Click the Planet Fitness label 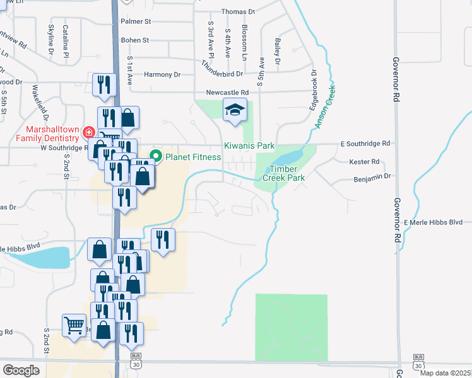(x=192, y=156)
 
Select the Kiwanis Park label (x=249, y=146)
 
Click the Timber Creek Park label (x=287, y=173)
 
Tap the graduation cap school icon (x=235, y=111)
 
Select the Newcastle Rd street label (x=232, y=92)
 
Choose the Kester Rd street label (x=365, y=162)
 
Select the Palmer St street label (x=136, y=21)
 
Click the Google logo (x=21, y=370)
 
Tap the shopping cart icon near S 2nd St (x=74, y=325)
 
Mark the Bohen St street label (x=134, y=40)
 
